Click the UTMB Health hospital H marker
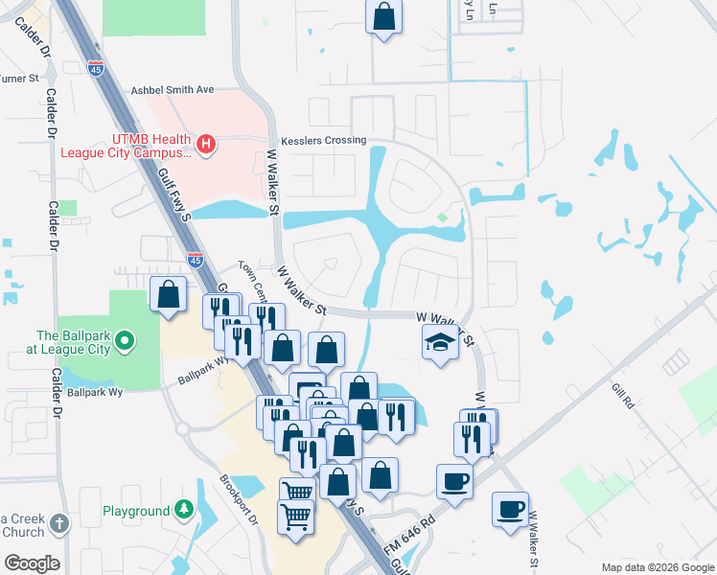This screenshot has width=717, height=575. (x=205, y=145)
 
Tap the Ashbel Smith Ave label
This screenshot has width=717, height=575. (x=172, y=89)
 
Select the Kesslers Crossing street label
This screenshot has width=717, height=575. (x=318, y=140)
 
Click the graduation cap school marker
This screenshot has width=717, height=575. (x=439, y=342)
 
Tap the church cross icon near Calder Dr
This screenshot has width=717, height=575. (x=60, y=523)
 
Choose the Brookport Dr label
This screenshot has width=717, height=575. (x=240, y=498)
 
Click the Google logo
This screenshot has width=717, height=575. (x=32, y=563)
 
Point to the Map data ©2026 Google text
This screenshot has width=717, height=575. (x=658, y=567)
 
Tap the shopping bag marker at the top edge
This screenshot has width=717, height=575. (x=382, y=16)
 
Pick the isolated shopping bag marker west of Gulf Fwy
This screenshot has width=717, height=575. (x=169, y=293)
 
